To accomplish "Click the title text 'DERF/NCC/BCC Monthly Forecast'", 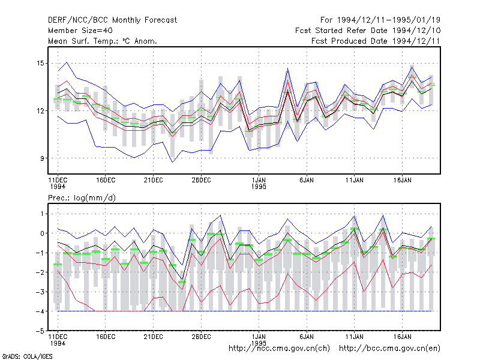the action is point(112,20).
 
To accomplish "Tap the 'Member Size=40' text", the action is point(80,31).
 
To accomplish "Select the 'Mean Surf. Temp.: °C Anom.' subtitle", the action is point(103,41).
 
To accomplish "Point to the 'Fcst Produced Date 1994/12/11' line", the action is point(376,41).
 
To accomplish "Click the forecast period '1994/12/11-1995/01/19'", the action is point(389,20).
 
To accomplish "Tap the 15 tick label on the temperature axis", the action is point(40,64).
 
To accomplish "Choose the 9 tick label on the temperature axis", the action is point(42,158).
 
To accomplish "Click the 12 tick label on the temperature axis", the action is point(40,111).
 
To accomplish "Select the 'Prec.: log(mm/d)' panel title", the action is point(82,198).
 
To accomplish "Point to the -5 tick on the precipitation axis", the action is point(40,331).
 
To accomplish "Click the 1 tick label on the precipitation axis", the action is point(42,214).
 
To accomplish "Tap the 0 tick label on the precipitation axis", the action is point(42,233).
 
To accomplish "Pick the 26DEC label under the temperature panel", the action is point(202,181).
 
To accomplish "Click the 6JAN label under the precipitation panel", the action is point(307,337).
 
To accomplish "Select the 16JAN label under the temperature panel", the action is point(402,181).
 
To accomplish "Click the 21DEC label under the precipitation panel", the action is point(154,337).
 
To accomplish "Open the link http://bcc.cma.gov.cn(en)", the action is point(389,349).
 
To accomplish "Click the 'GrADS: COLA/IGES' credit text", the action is point(28,356).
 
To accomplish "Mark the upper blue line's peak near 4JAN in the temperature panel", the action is point(288,68).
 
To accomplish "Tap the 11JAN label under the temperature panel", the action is point(355,181).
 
